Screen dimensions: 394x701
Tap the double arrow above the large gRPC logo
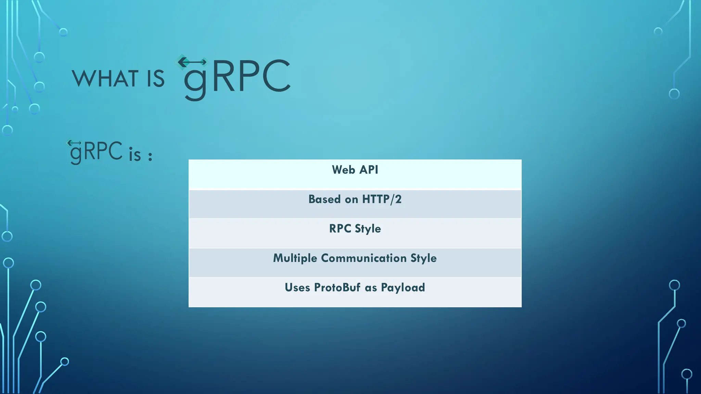(192, 62)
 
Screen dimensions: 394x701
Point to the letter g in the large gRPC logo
(195, 82)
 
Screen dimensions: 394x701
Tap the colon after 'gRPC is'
(150, 156)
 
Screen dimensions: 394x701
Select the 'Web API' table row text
(355, 170)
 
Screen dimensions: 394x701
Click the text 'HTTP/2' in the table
(382, 199)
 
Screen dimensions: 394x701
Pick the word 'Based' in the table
(324, 199)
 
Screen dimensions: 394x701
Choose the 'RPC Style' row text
(355, 228)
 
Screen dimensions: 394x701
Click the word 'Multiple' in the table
(295, 258)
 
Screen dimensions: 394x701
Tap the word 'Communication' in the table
(364, 258)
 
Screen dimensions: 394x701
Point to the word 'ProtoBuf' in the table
(337, 287)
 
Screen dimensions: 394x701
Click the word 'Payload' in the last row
(403, 288)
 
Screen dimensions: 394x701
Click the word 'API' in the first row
(369, 170)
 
